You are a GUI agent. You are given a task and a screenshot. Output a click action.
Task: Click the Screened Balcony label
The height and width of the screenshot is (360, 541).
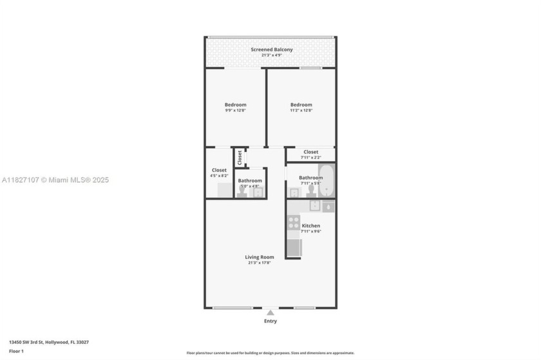click(270, 50)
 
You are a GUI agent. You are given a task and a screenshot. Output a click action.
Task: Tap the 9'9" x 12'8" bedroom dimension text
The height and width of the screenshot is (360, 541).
click(235, 111)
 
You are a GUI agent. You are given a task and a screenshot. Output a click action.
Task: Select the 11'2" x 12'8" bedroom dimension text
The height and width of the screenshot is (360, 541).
click(301, 111)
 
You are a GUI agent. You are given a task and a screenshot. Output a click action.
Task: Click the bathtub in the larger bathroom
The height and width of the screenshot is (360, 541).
click(328, 180)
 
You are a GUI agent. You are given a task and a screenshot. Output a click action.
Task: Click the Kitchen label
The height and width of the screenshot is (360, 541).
click(311, 226)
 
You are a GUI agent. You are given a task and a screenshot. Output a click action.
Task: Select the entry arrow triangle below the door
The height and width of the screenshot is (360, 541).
click(270, 313)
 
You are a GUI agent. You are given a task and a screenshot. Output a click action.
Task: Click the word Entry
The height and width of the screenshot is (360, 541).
click(270, 321)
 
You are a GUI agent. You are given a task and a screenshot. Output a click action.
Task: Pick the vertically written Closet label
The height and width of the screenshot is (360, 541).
click(240, 157)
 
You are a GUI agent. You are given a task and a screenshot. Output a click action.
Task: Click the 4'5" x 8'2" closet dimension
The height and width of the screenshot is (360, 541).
click(220, 176)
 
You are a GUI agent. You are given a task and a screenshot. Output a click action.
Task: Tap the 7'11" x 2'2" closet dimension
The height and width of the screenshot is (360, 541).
click(310, 158)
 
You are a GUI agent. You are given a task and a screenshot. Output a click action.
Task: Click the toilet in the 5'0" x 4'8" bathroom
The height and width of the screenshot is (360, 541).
click(243, 192)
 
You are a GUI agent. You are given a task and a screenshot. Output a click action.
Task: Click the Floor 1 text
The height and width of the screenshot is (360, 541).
click(16, 351)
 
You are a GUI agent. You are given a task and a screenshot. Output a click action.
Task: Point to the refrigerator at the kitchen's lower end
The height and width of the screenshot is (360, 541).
click(294, 248)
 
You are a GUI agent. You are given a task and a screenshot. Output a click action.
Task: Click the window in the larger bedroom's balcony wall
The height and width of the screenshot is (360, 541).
click(310, 68)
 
